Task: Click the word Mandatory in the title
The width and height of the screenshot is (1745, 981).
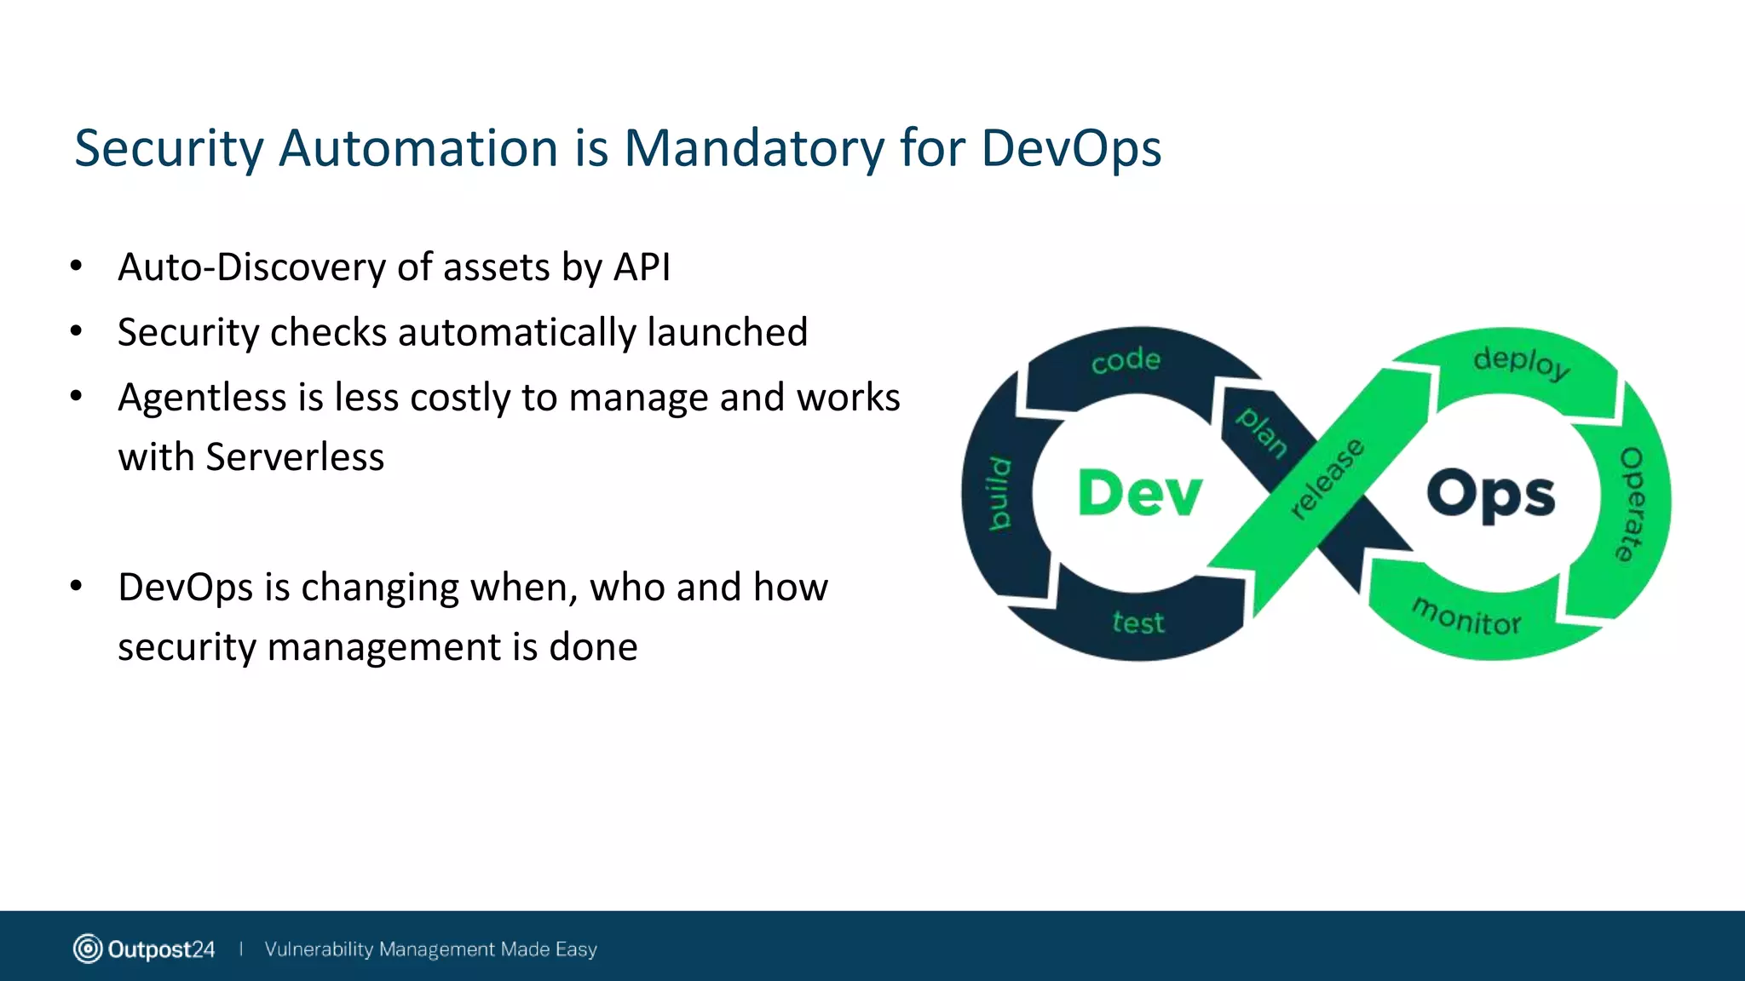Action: pos(754,149)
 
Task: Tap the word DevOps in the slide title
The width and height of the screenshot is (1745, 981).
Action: pos(1071,149)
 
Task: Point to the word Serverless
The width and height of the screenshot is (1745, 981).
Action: pos(295,457)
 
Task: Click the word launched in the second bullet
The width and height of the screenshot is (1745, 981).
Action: pos(727,332)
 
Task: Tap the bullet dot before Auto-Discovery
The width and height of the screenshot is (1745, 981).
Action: pos(77,267)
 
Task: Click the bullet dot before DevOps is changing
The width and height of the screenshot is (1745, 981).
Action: pos(77,586)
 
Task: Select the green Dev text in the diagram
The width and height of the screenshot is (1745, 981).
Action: pos(1139,493)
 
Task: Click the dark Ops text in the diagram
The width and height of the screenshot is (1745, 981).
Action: pos(1490,494)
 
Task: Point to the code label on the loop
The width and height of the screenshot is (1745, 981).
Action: pos(1126,360)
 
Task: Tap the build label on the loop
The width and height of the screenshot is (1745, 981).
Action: pos(1000,494)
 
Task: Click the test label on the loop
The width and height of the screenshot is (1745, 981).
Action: pos(1138,622)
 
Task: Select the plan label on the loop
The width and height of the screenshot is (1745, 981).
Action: pos(1262,432)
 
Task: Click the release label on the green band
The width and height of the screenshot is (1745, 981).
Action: pos(1327,479)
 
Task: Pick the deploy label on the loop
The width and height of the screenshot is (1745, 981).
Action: pos(1522,362)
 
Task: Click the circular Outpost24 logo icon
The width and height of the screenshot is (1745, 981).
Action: pos(88,949)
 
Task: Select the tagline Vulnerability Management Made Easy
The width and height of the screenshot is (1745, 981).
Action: pos(430,949)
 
